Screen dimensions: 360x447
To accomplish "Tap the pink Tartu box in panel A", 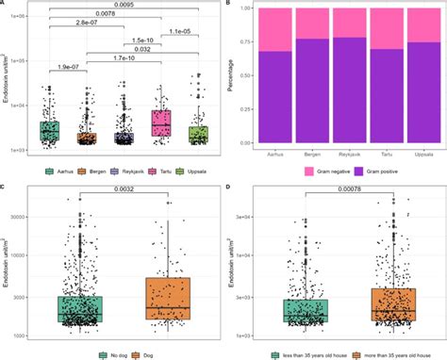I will click(x=162, y=123).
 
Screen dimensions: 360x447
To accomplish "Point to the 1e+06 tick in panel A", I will click(x=22, y=17).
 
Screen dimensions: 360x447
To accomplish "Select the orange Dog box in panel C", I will click(x=169, y=299).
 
